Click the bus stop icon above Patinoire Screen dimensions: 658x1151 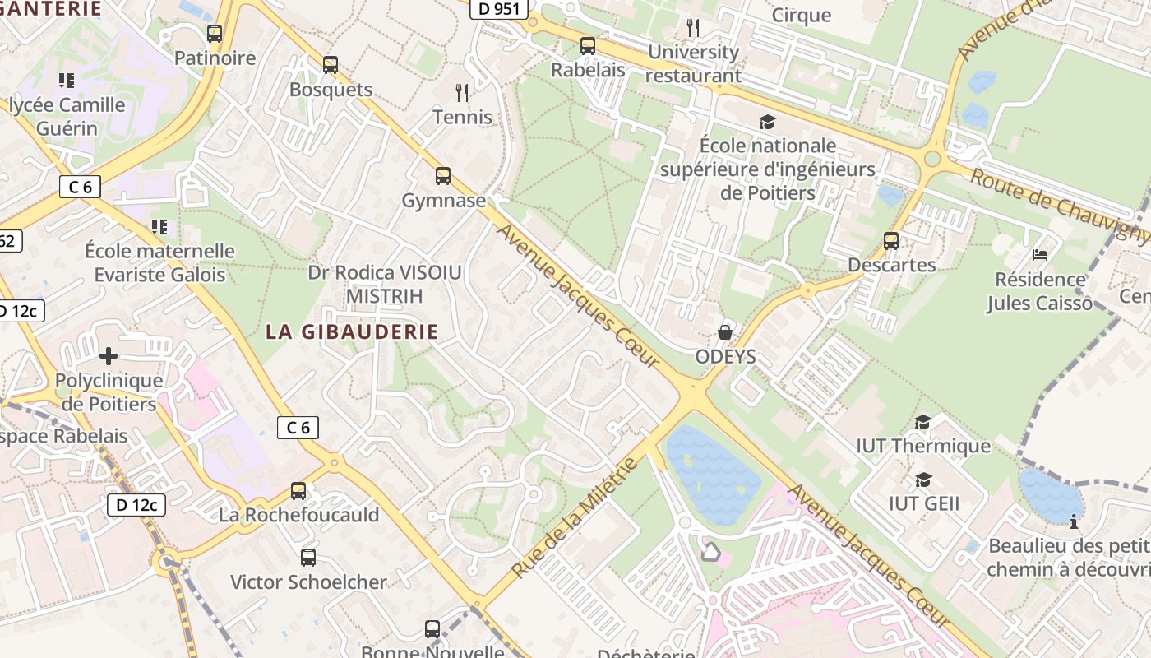(x=215, y=34)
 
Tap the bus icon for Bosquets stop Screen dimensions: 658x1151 (x=331, y=64)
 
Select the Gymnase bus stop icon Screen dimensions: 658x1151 (x=443, y=175)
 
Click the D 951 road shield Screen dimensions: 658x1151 (x=498, y=8)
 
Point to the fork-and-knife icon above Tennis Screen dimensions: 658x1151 (x=462, y=92)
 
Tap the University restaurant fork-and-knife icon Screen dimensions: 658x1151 (x=693, y=28)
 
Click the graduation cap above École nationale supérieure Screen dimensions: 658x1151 (x=767, y=122)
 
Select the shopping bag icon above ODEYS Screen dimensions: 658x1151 (x=725, y=332)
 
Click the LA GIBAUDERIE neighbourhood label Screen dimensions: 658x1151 (x=352, y=331)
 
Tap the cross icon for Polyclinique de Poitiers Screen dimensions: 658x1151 (x=108, y=356)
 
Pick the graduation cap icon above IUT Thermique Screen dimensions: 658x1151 (x=923, y=422)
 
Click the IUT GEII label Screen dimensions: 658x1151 (x=924, y=503)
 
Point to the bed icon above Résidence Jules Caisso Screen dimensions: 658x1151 (x=1040, y=255)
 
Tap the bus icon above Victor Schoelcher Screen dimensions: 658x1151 (x=308, y=557)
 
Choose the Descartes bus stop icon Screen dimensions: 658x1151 (x=891, y=240)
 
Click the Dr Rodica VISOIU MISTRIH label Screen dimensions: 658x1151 (x=385, y=283)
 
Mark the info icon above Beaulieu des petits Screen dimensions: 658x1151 (x=1073, y=521)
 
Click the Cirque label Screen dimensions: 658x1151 (x=802, y=15)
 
